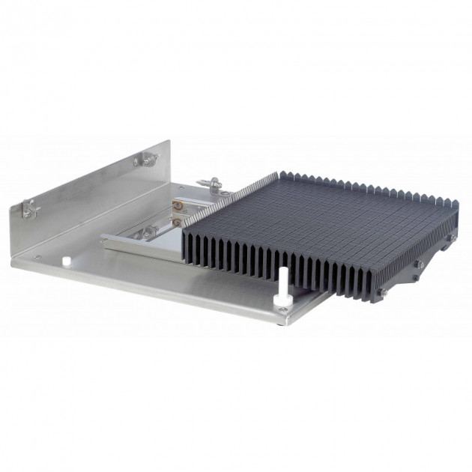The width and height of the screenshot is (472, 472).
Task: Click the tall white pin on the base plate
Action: click(x=284, y=283)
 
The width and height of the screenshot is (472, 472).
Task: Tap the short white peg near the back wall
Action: click(x=66, y=261)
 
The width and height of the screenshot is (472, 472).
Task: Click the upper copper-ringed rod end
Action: click(x=179, y=203)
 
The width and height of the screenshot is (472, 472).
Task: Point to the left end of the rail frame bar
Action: click(x=105, y=240)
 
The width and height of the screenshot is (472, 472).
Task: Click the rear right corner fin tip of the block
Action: click(x=454, y=204)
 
